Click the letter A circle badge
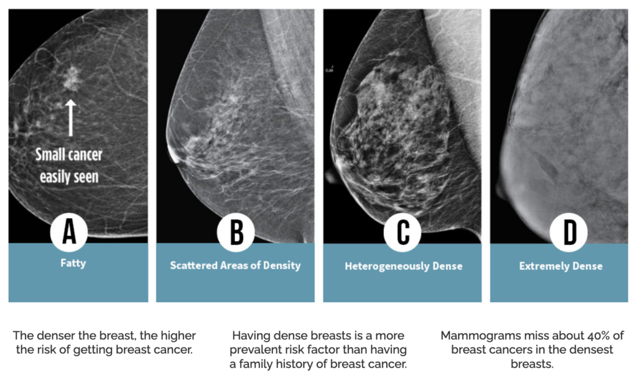point(70,232)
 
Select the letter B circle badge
point(236,232)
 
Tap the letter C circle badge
point(403,232)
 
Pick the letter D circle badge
point(569,232)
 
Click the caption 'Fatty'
point(73,263)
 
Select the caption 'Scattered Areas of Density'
point(235,265)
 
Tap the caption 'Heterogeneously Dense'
point(403,266)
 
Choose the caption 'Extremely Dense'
point(561,266)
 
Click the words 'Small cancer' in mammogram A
point(68,155)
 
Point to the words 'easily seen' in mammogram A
point(69,176)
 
